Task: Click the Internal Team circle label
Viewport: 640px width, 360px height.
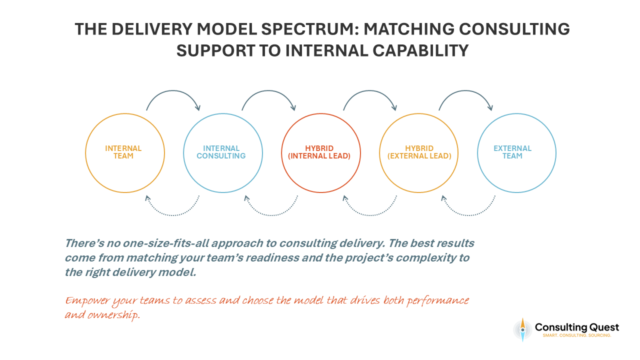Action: point(123,152)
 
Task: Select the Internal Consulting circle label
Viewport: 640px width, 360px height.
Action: point(221,152)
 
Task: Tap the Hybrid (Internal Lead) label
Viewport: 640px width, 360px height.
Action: point(319,152)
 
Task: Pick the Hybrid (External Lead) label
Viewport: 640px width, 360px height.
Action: point(419,152)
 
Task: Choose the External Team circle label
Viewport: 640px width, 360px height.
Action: point(512,152)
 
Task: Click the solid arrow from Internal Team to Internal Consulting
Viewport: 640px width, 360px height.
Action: point(172,93)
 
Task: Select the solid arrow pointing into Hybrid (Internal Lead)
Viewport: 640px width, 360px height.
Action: point(268,93)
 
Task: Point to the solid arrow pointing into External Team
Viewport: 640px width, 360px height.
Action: point(465,93)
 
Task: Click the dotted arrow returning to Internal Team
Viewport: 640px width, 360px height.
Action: point(172,213)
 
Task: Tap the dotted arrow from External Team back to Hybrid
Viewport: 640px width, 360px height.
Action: point(468,213)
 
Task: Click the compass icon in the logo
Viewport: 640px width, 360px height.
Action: point(522,329)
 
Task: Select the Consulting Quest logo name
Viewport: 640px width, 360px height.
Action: point(576,327)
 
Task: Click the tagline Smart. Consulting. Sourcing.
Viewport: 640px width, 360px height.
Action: point(576,335)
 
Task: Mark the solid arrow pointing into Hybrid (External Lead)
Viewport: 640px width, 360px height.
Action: point(369,93)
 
